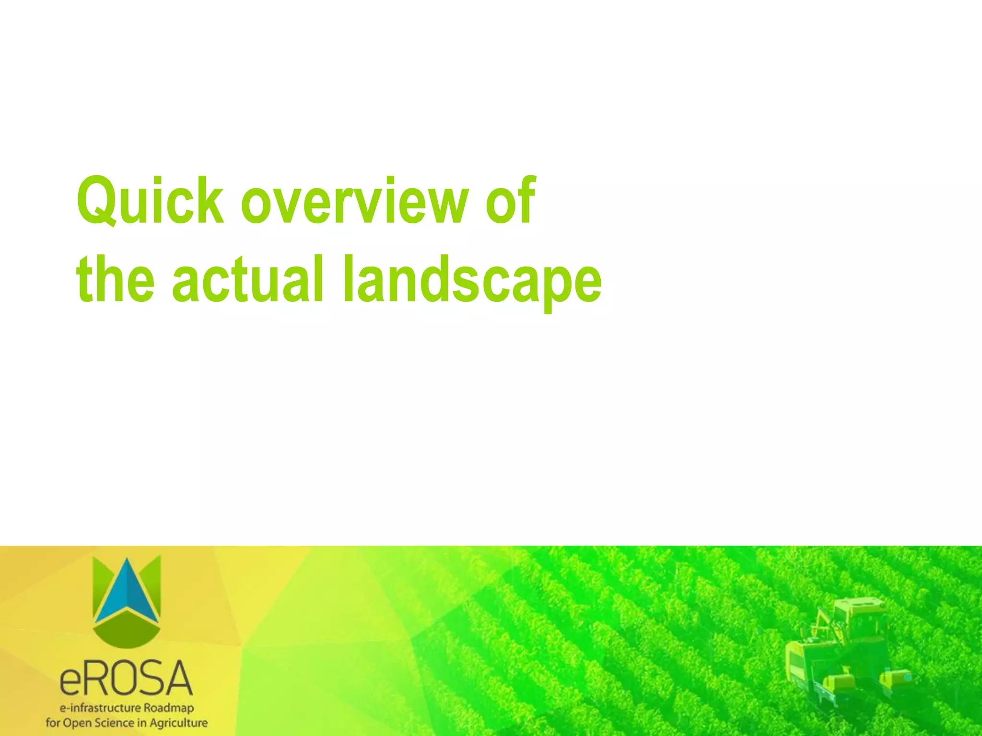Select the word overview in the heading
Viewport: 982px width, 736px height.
pyautogui.click(x=354, y=201)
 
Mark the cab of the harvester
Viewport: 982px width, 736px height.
pyautogui.click(x=858, y=618)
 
